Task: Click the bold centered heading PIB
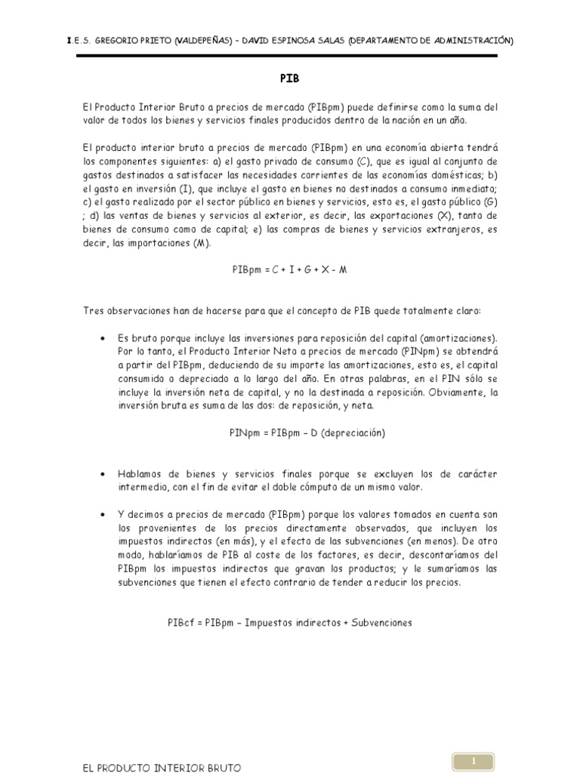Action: (x=290, y=79)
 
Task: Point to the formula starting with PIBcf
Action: (x=290, y=623)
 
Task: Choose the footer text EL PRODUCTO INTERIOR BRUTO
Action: (x=162, y=767)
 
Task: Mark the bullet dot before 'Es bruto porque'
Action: (x=102, y=338)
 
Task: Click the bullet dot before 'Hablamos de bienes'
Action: (x=102, y=474)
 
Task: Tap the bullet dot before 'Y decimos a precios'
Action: (x=102, y=515)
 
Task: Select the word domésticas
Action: (x=447, y=175)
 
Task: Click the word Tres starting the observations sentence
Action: (x=93, y=310)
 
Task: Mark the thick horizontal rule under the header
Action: (x=290, y=56)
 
